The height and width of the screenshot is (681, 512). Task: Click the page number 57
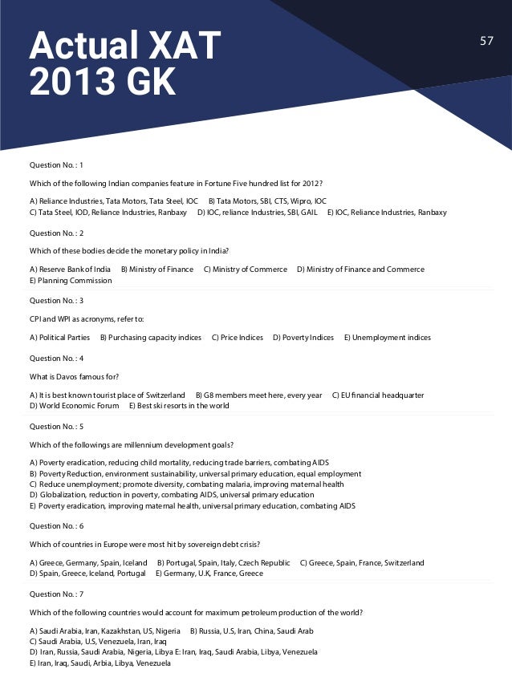pyautogui.click(x=486, y=41)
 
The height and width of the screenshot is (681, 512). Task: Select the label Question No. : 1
pyautogui.click(x=56, y=164)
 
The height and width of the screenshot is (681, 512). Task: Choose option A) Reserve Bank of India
pyautogui.click(x=70, y=270)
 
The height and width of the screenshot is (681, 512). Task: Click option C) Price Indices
pyautogui.click(x=237, y=338)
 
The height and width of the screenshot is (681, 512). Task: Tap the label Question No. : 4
pyautogui.click(x=56, y=358)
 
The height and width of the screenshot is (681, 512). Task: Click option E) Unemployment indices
pyautogui.click(x=387, y=338)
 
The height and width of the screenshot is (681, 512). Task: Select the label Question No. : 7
pyautogui.click(x=56, y=594)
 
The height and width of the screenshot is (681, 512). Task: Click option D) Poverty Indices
pyautogui.click(x=303, y=338)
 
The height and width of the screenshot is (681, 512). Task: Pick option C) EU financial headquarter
pyautogui.click(x=378, y=395)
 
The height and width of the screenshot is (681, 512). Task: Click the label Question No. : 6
pyautogui.click(x=56, y=526)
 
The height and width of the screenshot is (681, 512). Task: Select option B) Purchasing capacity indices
pyautogui.click(x=150, y=338)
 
